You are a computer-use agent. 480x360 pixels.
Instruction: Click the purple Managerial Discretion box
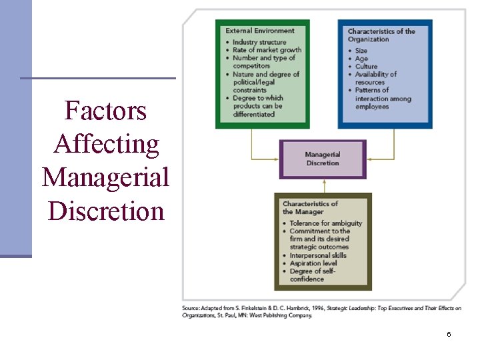point(323,159)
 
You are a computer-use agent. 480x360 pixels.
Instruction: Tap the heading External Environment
point(259,31)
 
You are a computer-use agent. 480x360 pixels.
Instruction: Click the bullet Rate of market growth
point(267,50)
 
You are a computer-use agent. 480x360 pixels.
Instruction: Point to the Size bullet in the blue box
point(361,51)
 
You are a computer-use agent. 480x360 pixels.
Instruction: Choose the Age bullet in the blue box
point(361,59)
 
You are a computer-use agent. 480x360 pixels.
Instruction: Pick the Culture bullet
point(366,67)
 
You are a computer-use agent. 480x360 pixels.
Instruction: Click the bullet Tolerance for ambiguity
point(325,223)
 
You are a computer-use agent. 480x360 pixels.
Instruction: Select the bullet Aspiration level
point(314,263)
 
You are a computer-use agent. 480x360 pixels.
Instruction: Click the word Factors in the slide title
point(105,111)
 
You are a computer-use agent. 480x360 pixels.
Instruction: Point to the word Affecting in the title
point(106,144)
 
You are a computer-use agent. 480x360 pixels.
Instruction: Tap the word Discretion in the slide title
point(106,211)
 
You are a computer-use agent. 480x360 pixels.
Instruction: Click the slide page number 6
point(449,334)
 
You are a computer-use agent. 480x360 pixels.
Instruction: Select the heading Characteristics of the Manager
point(310,207)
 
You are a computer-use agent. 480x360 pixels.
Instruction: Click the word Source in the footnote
point(191,308)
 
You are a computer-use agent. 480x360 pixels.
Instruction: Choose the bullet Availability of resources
point(375,78)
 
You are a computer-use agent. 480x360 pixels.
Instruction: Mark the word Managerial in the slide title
point(105,177)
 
